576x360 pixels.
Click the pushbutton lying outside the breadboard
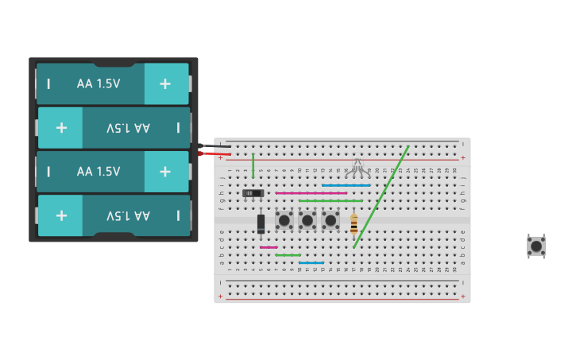[x=536, y=246]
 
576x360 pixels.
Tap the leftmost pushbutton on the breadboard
[x=284, y=219]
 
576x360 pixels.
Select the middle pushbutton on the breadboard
[x=307, y=219]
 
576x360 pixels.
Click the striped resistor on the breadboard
[x=354, y=224]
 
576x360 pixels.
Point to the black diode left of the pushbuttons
[x=261, y=223]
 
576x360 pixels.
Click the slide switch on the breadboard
[x=253, y=193]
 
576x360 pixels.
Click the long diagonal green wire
[x=381, y=196]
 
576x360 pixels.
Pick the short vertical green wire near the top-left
[x=253, y=165]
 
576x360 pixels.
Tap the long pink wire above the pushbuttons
[x=311, y=193]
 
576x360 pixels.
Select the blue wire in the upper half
[x=346, y=185]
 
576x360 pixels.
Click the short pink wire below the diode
[x=269, y=247]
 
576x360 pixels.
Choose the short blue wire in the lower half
[x=311, y=263]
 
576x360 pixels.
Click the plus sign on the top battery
[x=165, y=83]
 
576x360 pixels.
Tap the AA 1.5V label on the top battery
[x=99, y=83]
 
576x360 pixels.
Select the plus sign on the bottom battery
[x=61, y=215]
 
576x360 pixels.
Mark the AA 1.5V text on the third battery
[x=99, y=172]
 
